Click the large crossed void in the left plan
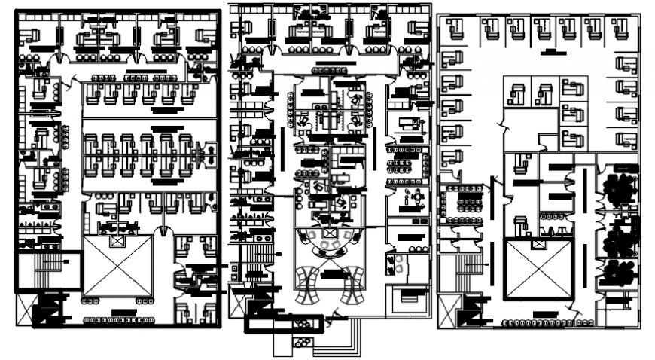click(x=117, y=265)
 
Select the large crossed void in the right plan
click(x=540, y=269)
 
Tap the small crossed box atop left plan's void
click(x=117, y=241)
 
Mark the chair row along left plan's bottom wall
click(x=120, y=320)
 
